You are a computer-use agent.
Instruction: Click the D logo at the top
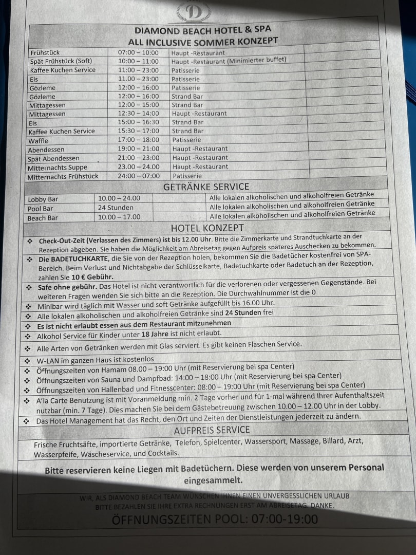click(193, 12)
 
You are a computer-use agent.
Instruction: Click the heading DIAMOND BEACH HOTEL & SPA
click(202, 30)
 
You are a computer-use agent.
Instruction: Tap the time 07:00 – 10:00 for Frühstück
click(138, 52)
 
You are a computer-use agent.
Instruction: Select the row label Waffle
click(39, 140)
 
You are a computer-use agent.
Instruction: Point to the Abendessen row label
click(46, 150)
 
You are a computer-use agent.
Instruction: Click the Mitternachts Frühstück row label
click(64, 176)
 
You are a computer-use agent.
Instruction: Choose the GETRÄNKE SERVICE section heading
click(206, 187)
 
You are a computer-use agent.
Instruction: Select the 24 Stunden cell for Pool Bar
click(116, 208)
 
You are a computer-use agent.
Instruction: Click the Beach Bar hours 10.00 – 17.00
click(119, 217)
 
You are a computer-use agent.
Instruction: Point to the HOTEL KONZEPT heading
click(207, 228)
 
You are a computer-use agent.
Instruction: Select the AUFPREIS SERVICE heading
click(212, 430)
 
